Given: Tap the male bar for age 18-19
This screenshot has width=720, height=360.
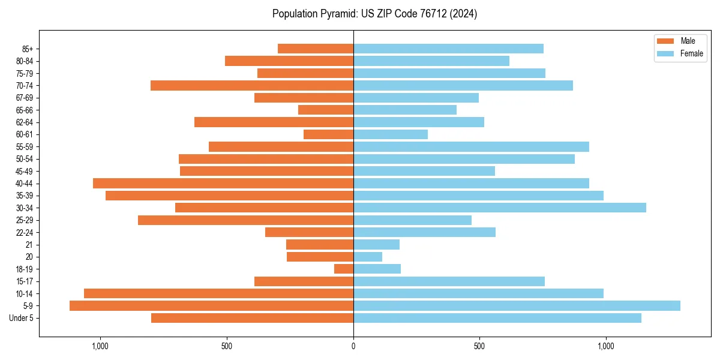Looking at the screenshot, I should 344,269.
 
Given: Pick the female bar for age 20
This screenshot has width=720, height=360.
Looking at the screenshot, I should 368,257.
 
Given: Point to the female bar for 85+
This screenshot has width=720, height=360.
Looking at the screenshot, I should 448,49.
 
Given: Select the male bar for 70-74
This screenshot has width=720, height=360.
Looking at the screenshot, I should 252,85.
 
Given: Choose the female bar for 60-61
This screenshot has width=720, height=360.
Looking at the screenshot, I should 391,134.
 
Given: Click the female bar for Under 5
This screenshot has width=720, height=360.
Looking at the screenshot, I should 497,318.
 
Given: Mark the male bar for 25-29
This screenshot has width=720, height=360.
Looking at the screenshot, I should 245,220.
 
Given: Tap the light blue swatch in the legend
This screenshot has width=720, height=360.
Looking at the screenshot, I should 666,53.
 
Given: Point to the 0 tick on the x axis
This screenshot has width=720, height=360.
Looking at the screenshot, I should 353,346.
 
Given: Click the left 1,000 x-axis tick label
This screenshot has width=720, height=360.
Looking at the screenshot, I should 100,346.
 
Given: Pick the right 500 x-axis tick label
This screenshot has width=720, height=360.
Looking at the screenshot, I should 479,346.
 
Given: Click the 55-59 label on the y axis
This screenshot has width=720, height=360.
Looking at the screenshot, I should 24,146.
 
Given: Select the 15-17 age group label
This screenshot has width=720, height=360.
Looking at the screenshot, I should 24,281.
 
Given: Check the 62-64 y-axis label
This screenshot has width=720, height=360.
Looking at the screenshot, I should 24,122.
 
